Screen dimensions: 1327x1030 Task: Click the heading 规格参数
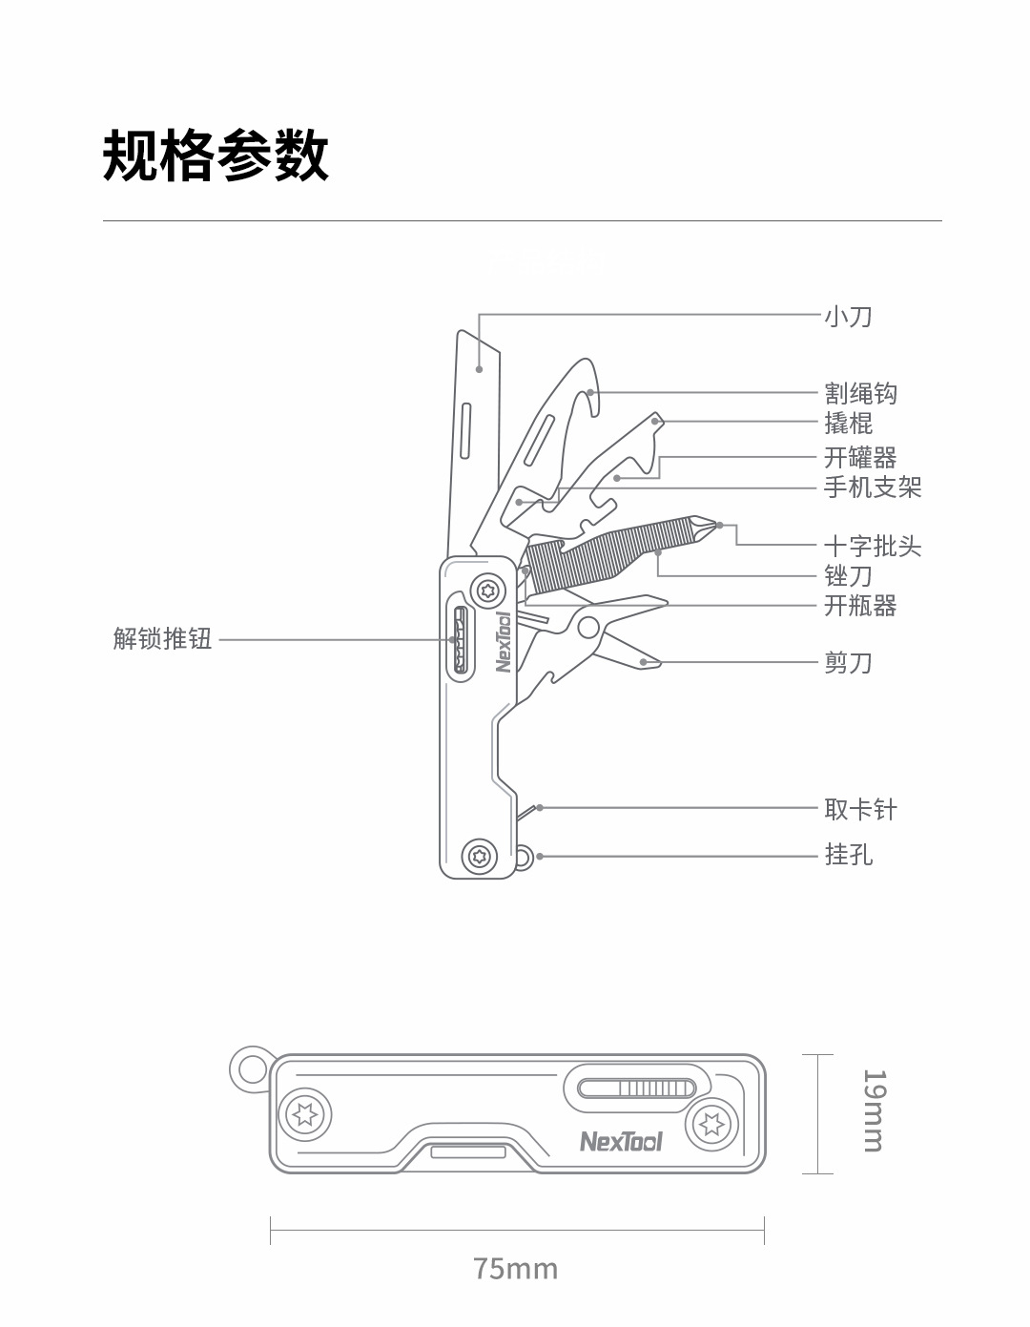[x=216, y=155]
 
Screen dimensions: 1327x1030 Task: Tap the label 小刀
[x=848, y=316]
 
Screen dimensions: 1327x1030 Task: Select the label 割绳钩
[x=860, y=393]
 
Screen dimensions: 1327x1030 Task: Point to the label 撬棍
[x=848, y=423]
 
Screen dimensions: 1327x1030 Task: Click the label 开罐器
[x=860, y=458]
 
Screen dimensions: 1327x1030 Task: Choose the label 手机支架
[x=873, y=487]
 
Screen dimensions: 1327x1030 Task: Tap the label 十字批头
[x=873, y=547]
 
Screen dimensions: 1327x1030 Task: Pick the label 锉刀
[x=848, y=576]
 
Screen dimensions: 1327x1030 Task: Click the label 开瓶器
[x=860, y=606]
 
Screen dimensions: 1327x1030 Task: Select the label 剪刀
[x=848, y=662]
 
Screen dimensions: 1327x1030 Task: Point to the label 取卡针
[x=860, y=810]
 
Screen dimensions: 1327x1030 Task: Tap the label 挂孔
[x=848, y=854]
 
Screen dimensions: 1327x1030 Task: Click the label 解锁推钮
[x=162, y=638]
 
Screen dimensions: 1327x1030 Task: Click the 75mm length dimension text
[x=515, y=1269]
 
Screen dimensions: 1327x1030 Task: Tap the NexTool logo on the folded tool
[x=620, y=1141]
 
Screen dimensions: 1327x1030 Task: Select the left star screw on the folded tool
[x=306, y=1113]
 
